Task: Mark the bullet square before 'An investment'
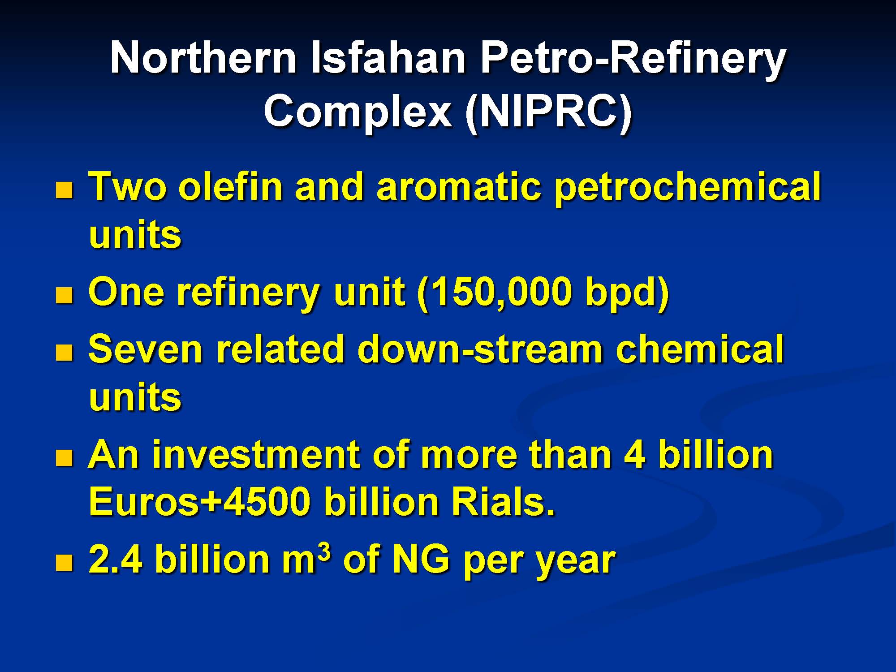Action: click(x=64, y=458)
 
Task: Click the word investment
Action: click(x=256, y=454)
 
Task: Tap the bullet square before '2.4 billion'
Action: click(x=64, y=563)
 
